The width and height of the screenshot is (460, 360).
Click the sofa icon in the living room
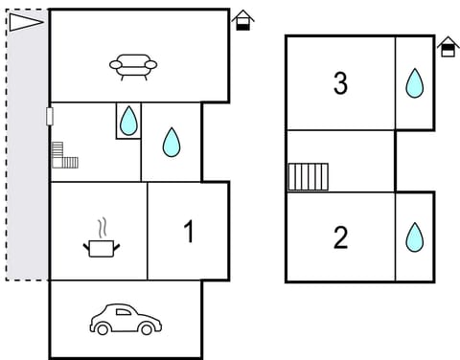point(133,65)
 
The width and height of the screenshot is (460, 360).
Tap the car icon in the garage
point(122,320)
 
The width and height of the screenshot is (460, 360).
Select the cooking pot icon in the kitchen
point(102,248)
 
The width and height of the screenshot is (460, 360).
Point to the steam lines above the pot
point(100,228)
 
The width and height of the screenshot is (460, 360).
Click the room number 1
point(189,231)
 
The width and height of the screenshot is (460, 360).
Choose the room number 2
point(340,237)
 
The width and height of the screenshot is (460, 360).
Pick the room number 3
point(340,83)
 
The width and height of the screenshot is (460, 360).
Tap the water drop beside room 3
point(414,83)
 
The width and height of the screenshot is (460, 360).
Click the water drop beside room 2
point(414,236)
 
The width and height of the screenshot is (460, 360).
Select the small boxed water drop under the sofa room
point(128,121)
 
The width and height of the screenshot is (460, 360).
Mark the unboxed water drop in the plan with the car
point(172,142)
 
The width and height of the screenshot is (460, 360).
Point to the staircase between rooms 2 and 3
point(308,177)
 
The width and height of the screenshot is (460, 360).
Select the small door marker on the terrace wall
point(49,116)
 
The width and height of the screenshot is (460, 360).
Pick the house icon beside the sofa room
point(243,20)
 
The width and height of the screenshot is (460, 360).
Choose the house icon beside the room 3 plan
point(447,47)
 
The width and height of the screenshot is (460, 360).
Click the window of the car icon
point(122,313)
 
